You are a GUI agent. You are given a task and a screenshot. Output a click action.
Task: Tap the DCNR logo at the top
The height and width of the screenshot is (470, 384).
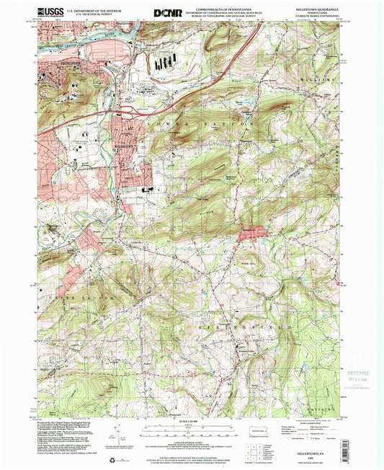pos(168,12)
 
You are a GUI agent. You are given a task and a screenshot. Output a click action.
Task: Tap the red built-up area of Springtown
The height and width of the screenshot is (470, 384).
pos(249,230)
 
